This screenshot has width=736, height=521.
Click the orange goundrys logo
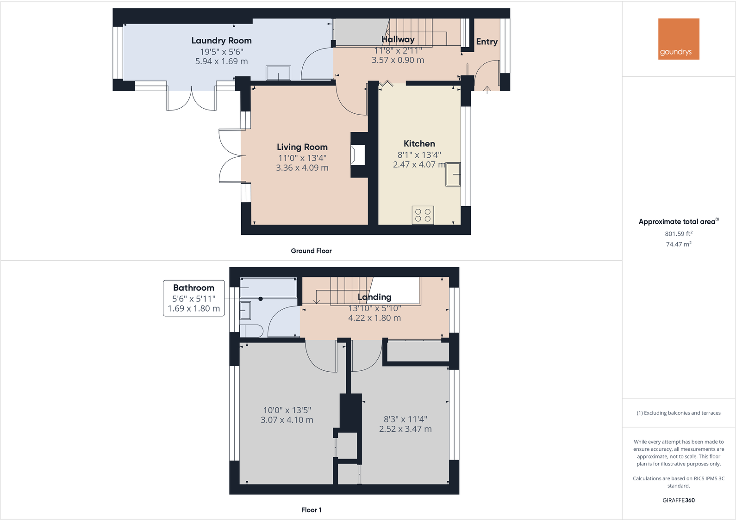click(x=679, y=39)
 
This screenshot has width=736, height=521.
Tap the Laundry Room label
click(x=221, y=41)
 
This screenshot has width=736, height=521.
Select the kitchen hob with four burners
click(x=423, y=215)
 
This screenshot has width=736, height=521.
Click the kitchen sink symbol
click(x=453, y=174)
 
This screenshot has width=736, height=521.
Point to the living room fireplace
click(x=358, y=155)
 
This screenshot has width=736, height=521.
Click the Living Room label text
click(x=302, y=147)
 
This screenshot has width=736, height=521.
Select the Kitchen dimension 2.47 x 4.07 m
click(x=419, y=165)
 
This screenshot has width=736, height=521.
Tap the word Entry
click(x=487, y=42)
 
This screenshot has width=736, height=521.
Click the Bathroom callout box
click(x=193, y=298)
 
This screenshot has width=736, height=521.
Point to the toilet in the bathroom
click(x=252, y=331)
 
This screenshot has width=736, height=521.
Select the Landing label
click(x=374, y=297)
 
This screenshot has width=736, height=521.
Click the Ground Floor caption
click(x=311, y=251)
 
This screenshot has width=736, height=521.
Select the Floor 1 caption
click(x=311, y=510)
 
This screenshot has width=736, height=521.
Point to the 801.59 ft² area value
click(x=678, y=234)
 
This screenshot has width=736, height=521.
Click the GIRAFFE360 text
click(x=678, y=500)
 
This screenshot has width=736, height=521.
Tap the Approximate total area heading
click(x=678, y=222)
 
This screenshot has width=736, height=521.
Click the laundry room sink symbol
click(x=278, y=73)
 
